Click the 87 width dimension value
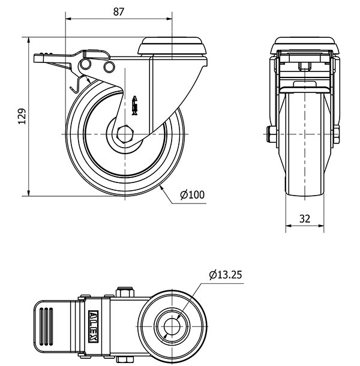tap(118, 11)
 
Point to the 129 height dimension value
tap(22, 116)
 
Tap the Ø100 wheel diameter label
tap(192, 194)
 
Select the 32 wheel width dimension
tap(304, 218)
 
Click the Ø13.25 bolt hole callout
tap(226, 275)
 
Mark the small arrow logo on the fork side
tap(135, 104)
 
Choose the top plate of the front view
tap(304, 45)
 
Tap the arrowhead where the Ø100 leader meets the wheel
tap(163, 188)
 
